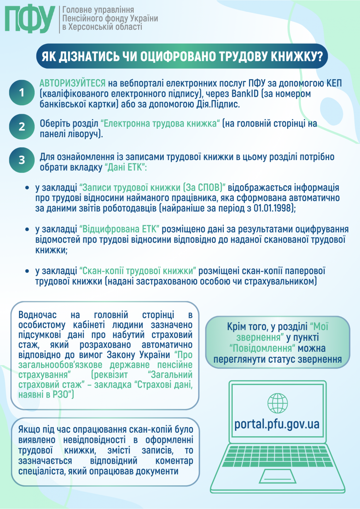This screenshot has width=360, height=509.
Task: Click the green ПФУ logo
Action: point(30,19)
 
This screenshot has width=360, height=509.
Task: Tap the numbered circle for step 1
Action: point(22,93)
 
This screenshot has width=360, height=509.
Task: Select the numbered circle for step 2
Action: point(22,127)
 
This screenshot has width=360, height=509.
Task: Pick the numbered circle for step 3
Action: point(22,160)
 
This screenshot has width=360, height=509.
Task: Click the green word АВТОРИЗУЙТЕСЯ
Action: point(72,83)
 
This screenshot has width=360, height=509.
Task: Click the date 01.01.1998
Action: point(273,208)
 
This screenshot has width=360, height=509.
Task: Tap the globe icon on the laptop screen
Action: point(278,403)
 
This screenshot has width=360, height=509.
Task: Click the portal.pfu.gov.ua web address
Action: point(277,424)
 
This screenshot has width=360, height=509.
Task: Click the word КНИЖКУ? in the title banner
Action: point(297,57)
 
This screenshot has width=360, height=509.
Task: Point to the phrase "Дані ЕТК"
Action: point(125,167)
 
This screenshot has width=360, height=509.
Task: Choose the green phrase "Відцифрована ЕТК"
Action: point(120,229)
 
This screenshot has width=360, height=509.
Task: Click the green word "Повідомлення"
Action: point(262,349)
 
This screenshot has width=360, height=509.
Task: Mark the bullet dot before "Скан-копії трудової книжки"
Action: point(27,271)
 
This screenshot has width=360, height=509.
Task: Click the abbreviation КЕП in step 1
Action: point(334,83)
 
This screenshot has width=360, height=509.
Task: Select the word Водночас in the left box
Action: point(37,315)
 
